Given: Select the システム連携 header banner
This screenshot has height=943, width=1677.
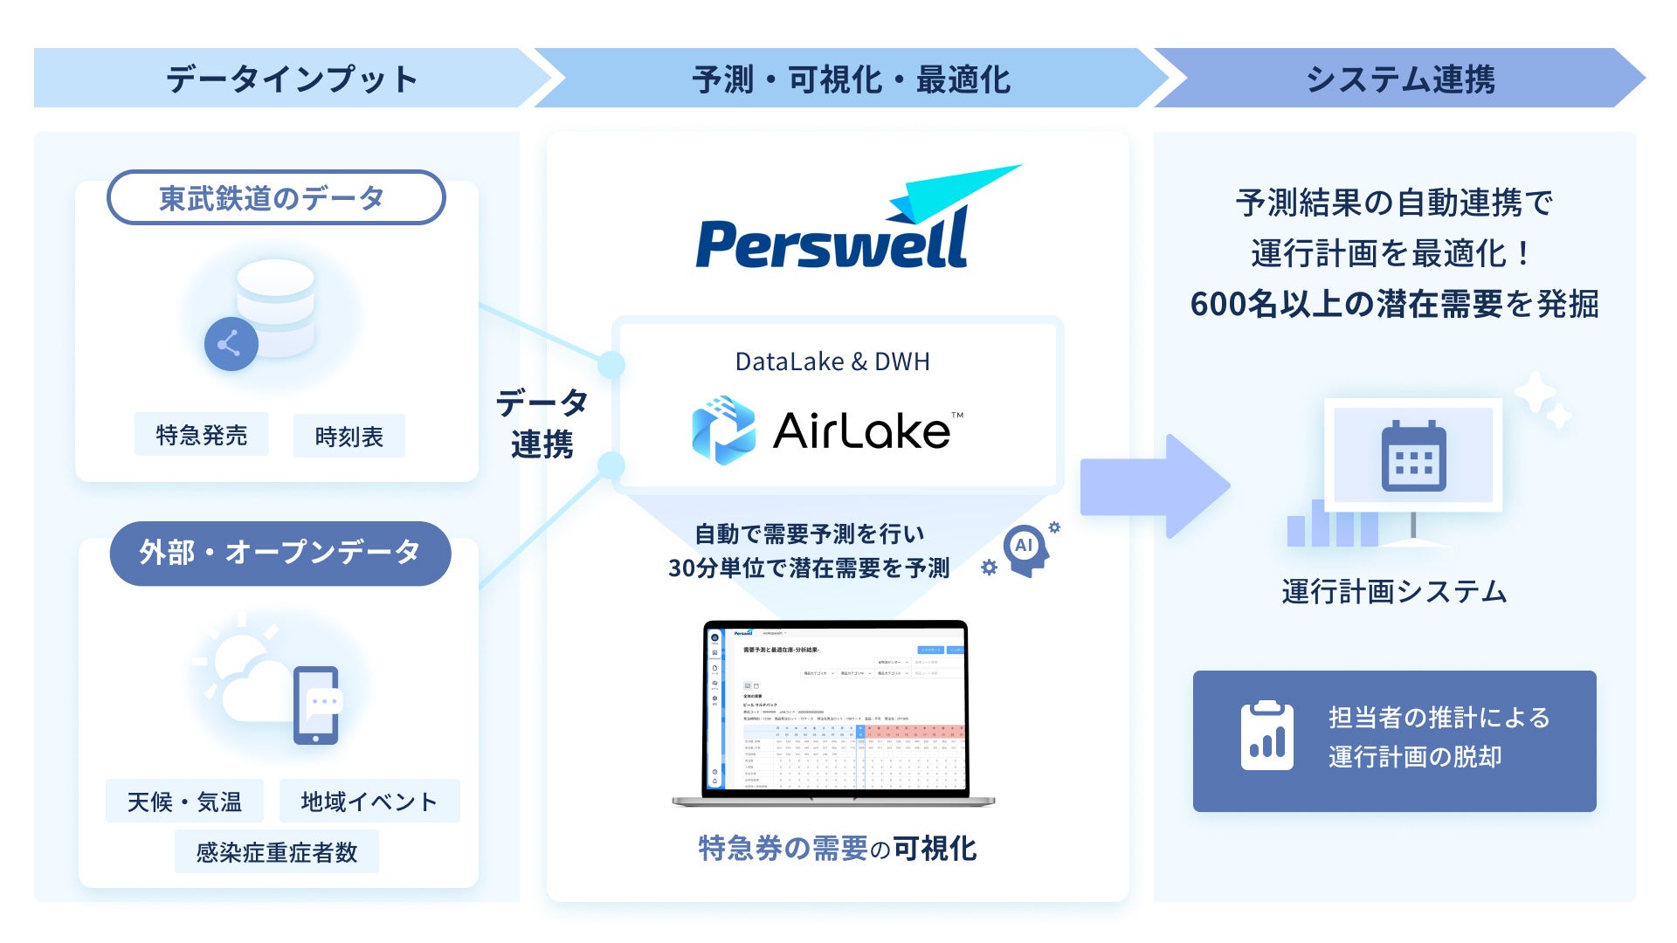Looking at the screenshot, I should pyautogui.click(x=1399, y=79).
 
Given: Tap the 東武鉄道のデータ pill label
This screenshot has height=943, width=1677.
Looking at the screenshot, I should pyautogui.click(x=275, y=198).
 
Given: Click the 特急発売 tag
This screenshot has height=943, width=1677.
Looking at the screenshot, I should pyautogui.click(x=201, y=435).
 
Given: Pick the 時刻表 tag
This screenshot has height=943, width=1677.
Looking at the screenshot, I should pyautogui.click(x=349, y=437).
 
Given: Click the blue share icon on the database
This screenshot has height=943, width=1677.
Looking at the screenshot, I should pyautogui.click(x=231, y=344).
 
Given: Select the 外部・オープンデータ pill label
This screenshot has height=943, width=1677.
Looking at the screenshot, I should pyautogui.click(x=279, y=553).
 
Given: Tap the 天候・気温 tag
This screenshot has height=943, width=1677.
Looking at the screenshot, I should pyautogui.click(x=184, y=802).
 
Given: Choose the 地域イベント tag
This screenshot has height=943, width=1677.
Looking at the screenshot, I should pyautogui.click(x=369, y=802).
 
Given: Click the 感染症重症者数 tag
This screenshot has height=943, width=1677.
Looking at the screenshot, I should pyautogui.click(x=276, y=852).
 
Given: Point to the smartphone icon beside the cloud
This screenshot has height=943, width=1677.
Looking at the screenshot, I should pyautogui.click(x=316, y=706).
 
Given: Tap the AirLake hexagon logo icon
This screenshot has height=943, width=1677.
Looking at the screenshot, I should pyautogui.click(x=723, y=430).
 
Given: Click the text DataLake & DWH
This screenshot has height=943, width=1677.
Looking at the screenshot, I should pyautogui.click(x=832, y=361).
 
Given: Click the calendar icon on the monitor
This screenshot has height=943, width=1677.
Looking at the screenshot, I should pyautogui.click(x=1413, y=457).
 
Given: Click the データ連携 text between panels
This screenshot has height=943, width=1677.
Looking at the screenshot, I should pyautogui.click(x=542, y=423).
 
